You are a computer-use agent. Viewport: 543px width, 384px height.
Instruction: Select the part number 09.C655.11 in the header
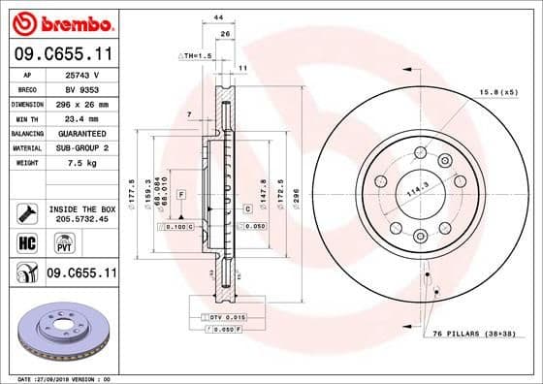pos(63,56)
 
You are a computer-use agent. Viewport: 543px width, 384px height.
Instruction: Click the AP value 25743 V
pos(79,74)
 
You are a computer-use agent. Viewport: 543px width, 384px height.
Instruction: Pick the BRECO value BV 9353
pos(79,88)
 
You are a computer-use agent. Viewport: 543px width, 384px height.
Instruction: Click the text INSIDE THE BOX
pos(83,208)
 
